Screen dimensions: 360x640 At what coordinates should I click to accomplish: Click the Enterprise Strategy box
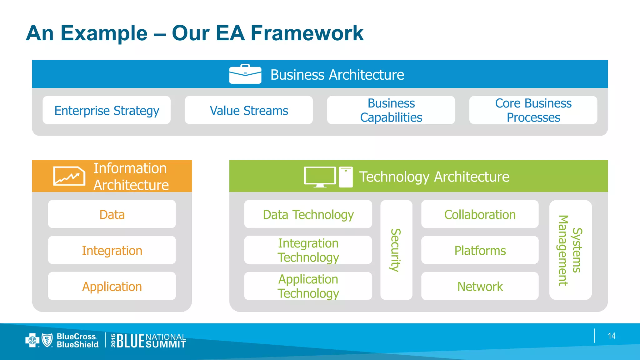click(x=107, y=110)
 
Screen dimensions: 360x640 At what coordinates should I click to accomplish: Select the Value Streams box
click(x=249, y=110)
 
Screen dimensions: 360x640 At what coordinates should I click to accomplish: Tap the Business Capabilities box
click(x=391, y=110)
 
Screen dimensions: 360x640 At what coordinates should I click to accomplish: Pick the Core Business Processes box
click(x=533, y=110)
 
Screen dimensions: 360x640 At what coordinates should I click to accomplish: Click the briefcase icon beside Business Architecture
click(x=245, y=74)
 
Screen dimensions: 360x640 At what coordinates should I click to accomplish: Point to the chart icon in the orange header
click(x=69, y=176)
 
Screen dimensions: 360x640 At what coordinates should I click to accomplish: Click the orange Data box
click(x=112, y=214)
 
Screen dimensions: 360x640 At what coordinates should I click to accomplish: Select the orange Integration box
click(x=112, y=250)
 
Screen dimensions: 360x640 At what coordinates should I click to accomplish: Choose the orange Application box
click(x=112, y=286)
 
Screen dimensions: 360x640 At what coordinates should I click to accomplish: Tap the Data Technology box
click(x=308, y=214)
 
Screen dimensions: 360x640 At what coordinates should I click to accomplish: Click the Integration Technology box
click(x=308, y=250)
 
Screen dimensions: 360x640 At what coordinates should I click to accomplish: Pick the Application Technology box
click(x=308, y=286)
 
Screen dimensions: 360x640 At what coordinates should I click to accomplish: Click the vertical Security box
click(x=396, y=250)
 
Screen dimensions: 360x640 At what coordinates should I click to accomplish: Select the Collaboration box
click(x=480, y=214)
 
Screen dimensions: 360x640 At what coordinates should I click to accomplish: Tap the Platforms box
click(x=480, y=250)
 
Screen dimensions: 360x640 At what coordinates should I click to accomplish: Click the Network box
click(x=480, y=286)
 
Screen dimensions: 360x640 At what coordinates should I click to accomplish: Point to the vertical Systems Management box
click(x=570, y=250)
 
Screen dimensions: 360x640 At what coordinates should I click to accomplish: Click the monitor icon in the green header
click(x=320, y=177)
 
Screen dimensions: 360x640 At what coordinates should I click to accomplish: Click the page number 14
click(x=612, y=336)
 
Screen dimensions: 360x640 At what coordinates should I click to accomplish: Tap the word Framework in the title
click(x=307, y=33)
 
